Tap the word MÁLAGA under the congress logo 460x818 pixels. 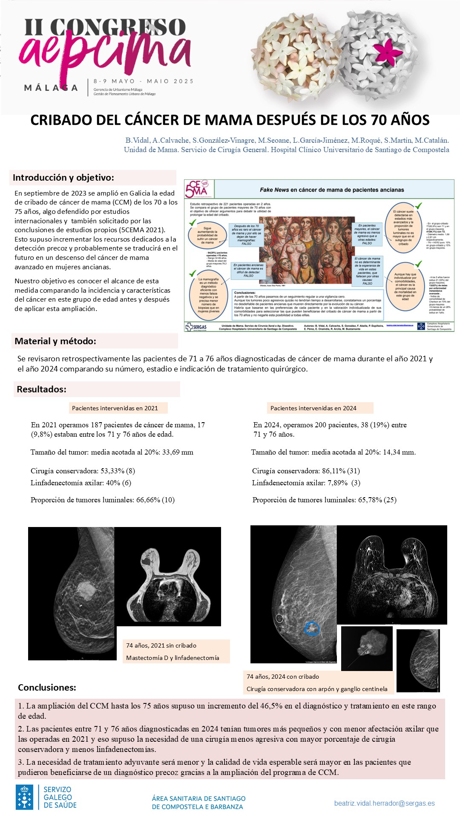pyautogui.click(x=51, y=88)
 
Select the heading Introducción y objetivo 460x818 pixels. pyautogui.click(x=63, y=178)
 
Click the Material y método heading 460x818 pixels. pyautogui.click(x=55, y=341)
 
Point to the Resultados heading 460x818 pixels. pyautogui.click(x=42, y=389)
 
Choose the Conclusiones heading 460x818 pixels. pyautogui.click(x=47, y=687)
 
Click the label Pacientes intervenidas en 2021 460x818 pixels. pyautogui.click(x=115, y=408)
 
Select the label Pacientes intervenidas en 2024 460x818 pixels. pyautogui.click(x=313, y=408)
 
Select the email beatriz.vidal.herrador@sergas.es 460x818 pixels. pyautogui.click(x=384, y=803)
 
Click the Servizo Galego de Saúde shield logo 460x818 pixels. pyautogui.click(x=25, y=797)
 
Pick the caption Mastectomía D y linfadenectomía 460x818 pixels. pyautogui.click(x=172, y=658)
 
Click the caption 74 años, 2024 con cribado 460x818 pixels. pyautogui.click(x=283, y=677)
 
